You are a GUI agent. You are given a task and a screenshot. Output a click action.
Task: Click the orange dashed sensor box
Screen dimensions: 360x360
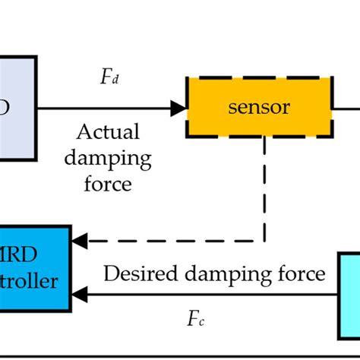(x=259, y=107)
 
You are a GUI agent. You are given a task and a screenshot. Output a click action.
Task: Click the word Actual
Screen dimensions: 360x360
(x=108, y=132)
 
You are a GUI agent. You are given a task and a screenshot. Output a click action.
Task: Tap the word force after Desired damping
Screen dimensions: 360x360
(x=298, y=273)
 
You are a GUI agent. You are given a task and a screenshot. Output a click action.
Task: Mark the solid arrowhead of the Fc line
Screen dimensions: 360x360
(x=78, y=295)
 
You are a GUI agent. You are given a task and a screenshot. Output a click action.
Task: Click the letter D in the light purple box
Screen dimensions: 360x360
(x=6, y=107)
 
